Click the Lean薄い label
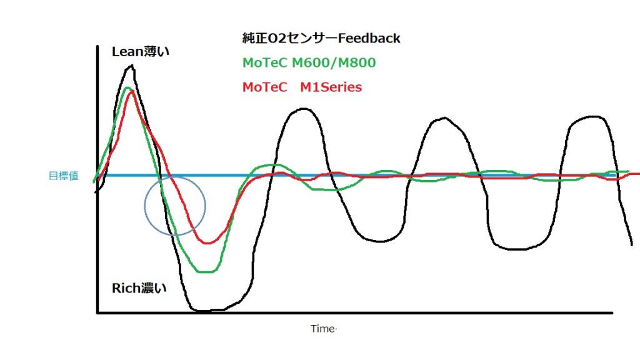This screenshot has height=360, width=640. click(x=140, y=52)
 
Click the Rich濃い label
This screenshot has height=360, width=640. click(x=139, y=288)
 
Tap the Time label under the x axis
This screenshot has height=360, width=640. click(x=323, y=329)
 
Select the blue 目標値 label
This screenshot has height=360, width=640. click(x=63, y=176)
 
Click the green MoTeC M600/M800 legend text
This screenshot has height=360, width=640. click(x=309, y=63)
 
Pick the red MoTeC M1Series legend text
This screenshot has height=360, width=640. click(x=302, y=87)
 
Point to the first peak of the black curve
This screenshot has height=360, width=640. click(x=132, y=66)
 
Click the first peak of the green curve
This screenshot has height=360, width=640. click(x=127, y=88)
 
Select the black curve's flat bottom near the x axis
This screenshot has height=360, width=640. click(x=206, y=309)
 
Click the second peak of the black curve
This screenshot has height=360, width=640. click(x=303, y=109)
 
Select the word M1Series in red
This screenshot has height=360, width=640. click(x=331, y=87)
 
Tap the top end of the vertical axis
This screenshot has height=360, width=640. click(x=98, y=47)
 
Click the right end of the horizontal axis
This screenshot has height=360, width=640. click(x=612, y=312)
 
